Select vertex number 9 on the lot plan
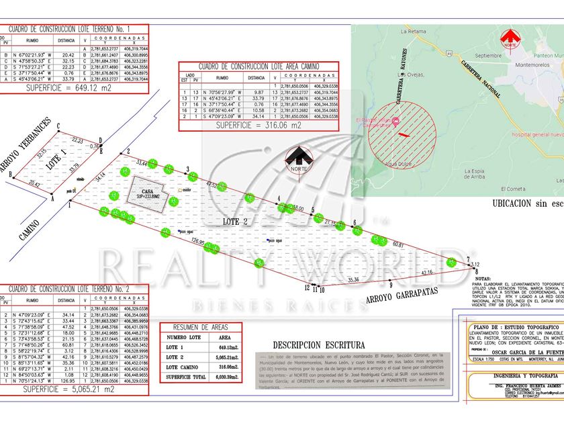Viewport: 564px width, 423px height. (390, 285)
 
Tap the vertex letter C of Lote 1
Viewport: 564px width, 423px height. (59, 127)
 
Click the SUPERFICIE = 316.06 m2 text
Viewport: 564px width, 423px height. (258, 125)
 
